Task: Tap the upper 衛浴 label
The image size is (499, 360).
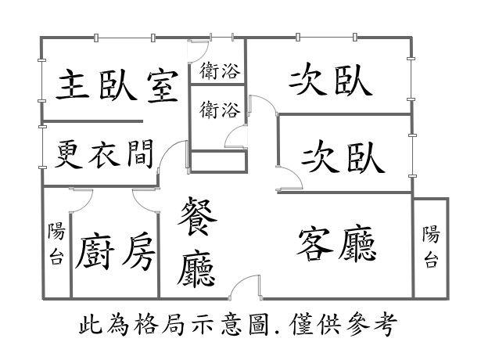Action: coord(219,71)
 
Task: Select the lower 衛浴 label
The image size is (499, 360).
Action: coord(219,110)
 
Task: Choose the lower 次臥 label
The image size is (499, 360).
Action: coord(343,156)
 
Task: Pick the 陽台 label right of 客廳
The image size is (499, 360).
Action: coord(431,247)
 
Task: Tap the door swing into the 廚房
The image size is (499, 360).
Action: coord(145,200)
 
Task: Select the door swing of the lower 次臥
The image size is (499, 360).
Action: coord(290,178)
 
